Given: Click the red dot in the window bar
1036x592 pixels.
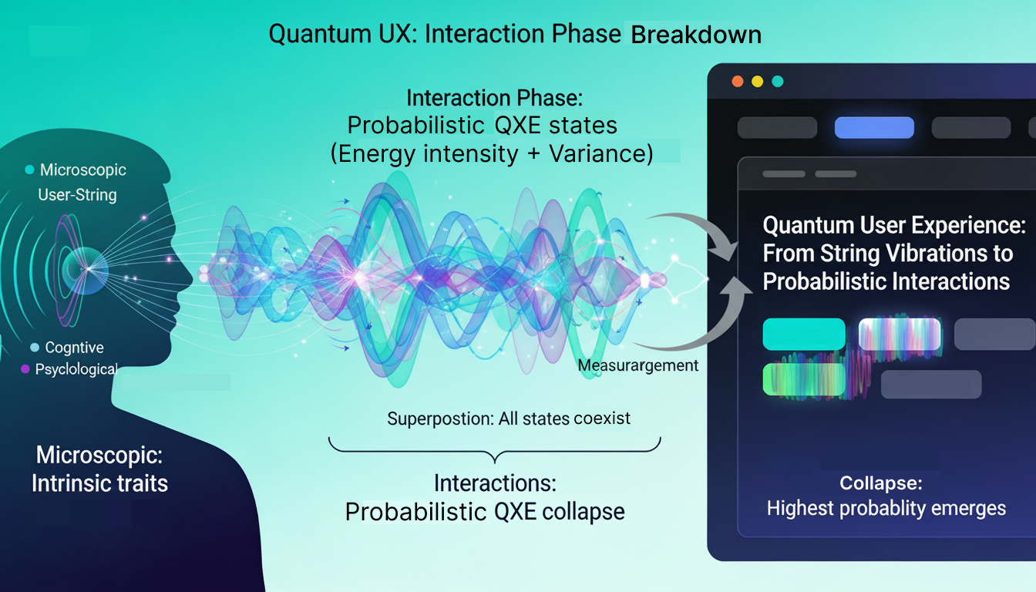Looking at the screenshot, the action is pyautogui.click(x=737, y=81).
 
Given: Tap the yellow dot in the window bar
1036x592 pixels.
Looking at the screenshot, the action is pyautogui.click(x=757, y=81).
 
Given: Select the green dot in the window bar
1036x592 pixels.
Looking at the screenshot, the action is pyautogui.click(x=777, y=81).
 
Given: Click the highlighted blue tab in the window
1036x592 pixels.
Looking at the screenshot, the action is pyautogui.click(x=874, y=127).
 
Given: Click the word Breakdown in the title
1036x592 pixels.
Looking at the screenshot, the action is pyautogui.click(x=696, y=35).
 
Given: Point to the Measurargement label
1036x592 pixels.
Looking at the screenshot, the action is pyautogui.click(x=638, y=365).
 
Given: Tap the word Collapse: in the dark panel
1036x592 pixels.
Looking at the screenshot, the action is pyautogui.click(x=880, y=484).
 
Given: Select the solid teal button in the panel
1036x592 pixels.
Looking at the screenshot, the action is pyautogui.click(x=804, y=334).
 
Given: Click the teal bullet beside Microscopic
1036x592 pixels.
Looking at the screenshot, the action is pyautogui.click(x=29, y=170).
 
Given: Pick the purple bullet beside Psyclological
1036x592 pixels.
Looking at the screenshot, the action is pyautogui.click(x=25, y=369).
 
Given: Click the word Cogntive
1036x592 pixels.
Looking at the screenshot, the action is pyautogui.click(x=75, y=348).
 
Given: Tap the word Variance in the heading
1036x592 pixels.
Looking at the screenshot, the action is pyautogui.click(x=600, y=153).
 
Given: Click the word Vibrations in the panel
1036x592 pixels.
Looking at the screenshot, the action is pyautogui.click(x=919, y=253).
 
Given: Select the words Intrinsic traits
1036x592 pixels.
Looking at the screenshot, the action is pyautogui.click(x=99, y=483).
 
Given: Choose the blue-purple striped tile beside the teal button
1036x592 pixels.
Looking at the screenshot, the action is pyautogui.click(x=900, y=335).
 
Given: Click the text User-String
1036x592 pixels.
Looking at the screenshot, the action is pyautogui.click(x=77, y=195).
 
